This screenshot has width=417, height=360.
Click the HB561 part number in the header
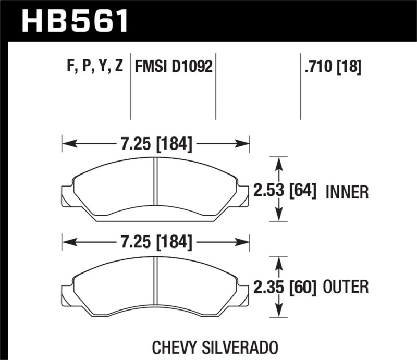click(x=75, y=21)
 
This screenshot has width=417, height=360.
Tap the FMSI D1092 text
click(x=174, y=67)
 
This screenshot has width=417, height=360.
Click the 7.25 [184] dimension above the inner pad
click(x=156, y=143)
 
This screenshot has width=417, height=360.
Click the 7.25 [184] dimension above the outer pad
click(x=156, y=242)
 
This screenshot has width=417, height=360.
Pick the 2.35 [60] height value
click(x=285, y=286)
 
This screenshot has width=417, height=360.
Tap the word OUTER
click(x=347, y=287)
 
